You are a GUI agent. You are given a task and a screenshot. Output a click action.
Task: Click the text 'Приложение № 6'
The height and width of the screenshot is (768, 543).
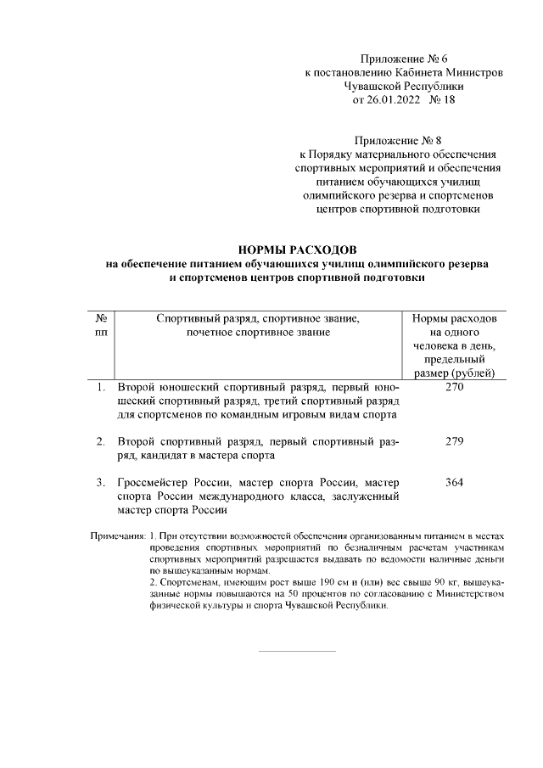[403, 59]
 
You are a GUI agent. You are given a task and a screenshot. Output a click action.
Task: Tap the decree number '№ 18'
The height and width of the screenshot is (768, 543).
[442, 99]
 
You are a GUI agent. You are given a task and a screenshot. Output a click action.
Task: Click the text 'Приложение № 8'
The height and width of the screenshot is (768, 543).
[403, 140]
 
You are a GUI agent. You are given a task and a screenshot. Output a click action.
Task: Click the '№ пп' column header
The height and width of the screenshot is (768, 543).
[101, 325]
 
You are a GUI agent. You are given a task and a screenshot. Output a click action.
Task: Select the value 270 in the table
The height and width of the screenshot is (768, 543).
[454, 388]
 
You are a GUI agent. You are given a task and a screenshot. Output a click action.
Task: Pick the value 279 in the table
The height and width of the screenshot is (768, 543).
[454, 442]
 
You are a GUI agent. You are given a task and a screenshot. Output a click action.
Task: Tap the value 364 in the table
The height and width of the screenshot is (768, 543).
[454, 483]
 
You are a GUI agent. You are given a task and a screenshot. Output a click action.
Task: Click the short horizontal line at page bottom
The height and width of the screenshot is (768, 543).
[296, 652]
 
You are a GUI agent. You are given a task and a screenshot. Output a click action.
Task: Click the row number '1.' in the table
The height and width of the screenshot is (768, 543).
[100, 388]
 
